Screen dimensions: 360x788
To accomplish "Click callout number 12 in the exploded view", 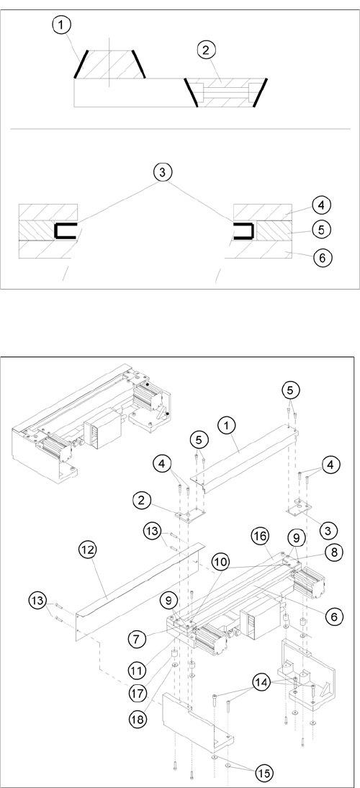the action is click(89, 550).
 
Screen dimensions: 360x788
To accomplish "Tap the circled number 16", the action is click(260, 538).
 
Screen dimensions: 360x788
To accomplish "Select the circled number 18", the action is click(138, 719).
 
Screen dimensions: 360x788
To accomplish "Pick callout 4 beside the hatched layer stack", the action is click(322, 205).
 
